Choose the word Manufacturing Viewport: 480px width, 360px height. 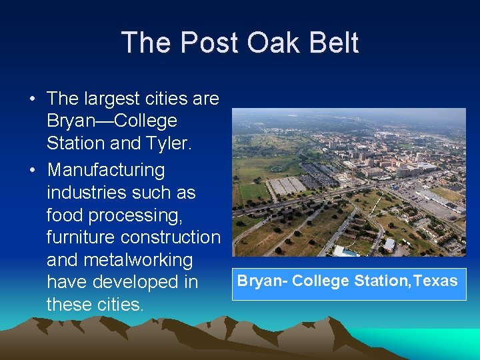click(x=105, y=171)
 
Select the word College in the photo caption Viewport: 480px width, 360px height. click(x=321, y=281)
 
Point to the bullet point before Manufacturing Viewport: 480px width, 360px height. click(x=32, y=171)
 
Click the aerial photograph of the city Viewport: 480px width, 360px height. click(x=349, y=182)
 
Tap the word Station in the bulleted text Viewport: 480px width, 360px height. click(x=75, y=143)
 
